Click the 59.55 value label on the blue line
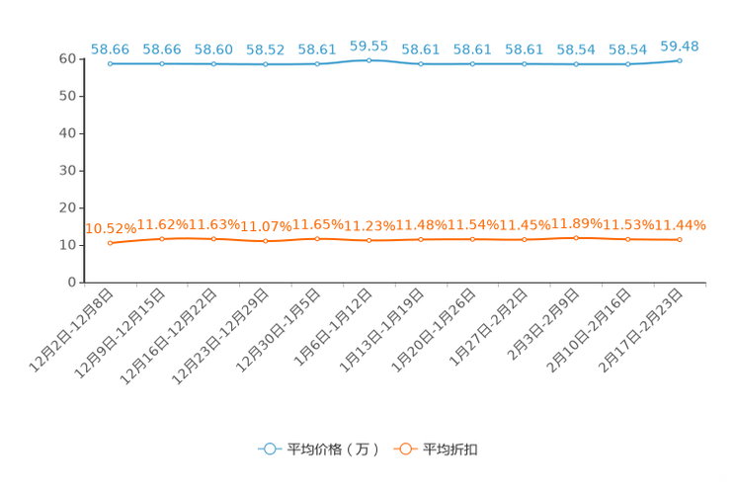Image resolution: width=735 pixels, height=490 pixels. tap(368, 46)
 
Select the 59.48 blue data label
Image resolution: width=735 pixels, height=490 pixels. tap(680, 46)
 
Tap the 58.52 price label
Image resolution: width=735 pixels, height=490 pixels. tap(266, 49)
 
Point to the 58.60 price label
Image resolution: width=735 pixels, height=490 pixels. tap(213, 49)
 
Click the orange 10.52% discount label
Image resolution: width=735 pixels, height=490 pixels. tap(111, 229)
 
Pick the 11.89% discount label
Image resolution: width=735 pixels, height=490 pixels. tap(577, 223)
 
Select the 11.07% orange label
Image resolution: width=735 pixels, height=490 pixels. tap(266, 227)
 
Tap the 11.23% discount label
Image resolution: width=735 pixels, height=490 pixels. tap(369, 226)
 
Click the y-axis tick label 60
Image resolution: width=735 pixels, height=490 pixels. tap(67, 58)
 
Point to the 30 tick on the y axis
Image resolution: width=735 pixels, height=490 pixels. tap(67, 171)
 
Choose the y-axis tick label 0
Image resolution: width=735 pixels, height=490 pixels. tap(72, 283)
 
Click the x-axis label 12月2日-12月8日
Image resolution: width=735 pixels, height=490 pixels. tap(71, 331)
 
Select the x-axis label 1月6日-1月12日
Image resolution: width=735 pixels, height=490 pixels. tap(333, 328)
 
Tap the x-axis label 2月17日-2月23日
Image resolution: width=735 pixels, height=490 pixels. tap(640, 331)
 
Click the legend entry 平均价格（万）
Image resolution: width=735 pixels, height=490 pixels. tap(318, 449)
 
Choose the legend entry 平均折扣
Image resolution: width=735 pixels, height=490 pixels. tap(436, 449)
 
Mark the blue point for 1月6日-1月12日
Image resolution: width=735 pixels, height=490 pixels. tap(368, 60)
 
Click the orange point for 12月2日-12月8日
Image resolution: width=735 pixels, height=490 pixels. tap(111, 243)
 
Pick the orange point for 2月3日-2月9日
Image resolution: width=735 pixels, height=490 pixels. tap(576, 238)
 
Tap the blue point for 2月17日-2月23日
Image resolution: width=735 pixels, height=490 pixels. tap(680, 60)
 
